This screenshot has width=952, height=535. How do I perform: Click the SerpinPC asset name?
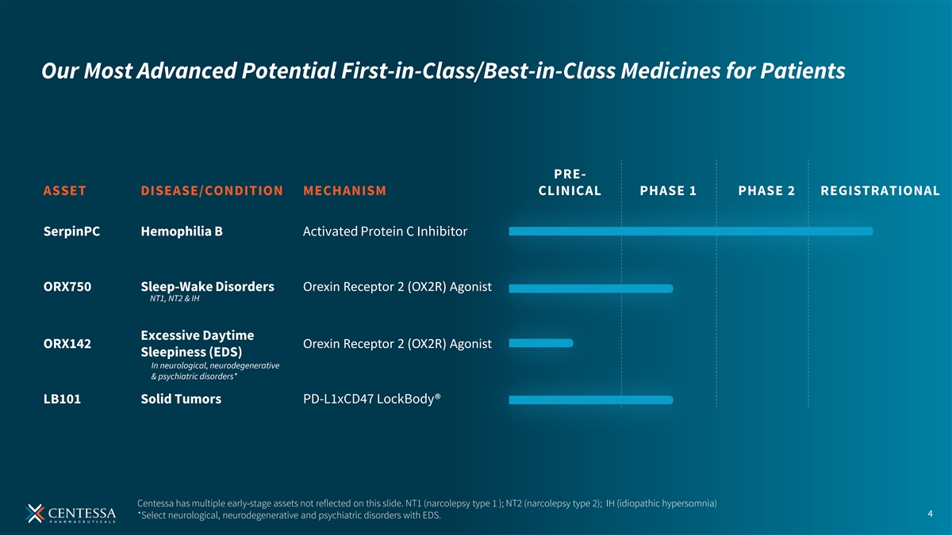[x=71, y=231]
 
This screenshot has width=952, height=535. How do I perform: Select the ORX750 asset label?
[x=67, y=287]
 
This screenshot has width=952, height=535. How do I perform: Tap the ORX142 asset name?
[x=67, y=343]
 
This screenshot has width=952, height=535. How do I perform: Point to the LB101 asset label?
[x=62, y=399]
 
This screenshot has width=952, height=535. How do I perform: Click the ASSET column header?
[x=64, y=191]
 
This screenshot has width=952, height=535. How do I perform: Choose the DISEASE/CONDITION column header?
[x=212, y=191]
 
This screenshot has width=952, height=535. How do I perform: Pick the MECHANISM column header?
[x=344, y=191]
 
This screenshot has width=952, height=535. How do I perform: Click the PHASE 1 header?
[x=668, y=191]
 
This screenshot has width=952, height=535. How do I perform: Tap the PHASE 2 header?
[x=766, y=191]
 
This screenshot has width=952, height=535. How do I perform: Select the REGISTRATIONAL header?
[x=880, y=191]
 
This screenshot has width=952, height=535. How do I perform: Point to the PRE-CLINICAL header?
[x=570, y=182]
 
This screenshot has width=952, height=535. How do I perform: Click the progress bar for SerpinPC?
[x=691, y=231]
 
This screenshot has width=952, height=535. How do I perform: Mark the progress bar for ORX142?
[x=541, y=342]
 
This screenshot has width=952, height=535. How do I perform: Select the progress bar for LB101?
[x=591, y=399]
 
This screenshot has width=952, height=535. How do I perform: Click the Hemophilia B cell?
[x=182, y=231]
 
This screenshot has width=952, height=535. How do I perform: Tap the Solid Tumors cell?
[x=181, y=399]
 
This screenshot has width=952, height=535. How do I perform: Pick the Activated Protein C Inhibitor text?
[x=385, y=231]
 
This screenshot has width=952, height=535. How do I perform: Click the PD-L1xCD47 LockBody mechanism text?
[x=371, y=399]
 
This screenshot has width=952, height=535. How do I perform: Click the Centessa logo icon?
[x=35, y=514]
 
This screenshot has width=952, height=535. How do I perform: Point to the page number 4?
[x=930, y=514]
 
